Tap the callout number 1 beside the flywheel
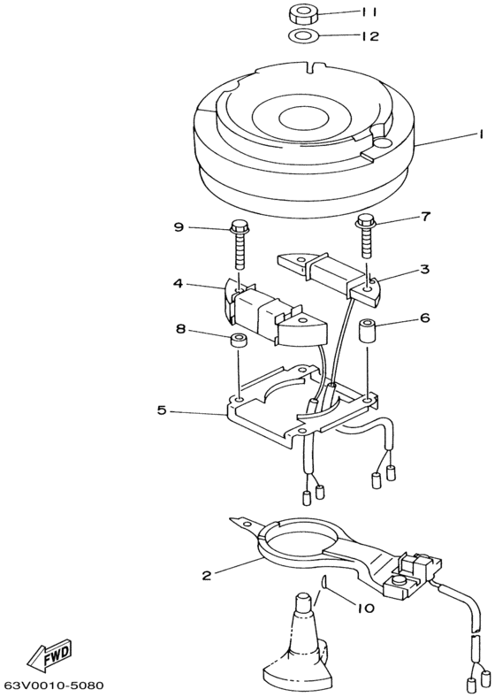pos(479,134)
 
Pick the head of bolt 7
pos(367,220)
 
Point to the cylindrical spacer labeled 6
pos(368,328)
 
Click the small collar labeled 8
pos(239,341)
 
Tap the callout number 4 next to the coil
pos(179,283)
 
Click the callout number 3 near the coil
pos(425,269)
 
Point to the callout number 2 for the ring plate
pos(206,576)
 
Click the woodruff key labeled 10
pos(324,582)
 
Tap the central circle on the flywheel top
pos(304,119)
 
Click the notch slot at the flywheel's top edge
pos(313,67)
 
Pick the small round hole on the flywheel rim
pos(382,142)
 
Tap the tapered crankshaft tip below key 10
pos(303,602)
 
